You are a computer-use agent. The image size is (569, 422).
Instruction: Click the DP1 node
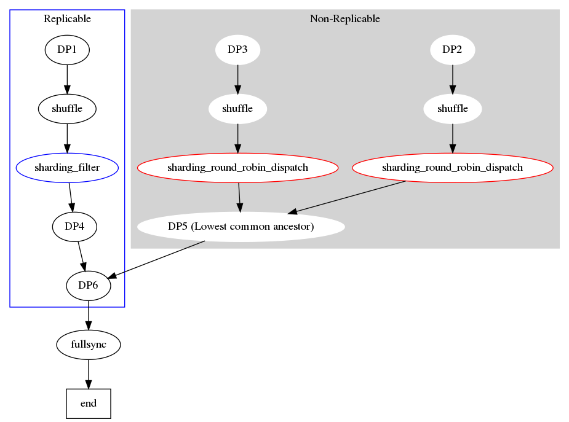click(x=67, y=50)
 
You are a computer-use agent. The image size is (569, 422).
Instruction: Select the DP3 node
click(x=237, y=50)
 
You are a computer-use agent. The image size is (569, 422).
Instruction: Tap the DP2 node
click(x=453, y=50)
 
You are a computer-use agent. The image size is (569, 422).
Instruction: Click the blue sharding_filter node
click(x=67, y=168)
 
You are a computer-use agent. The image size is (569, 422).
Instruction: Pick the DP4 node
click(x=74, y=227)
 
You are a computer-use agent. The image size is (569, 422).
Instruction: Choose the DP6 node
click(x=89, y=286)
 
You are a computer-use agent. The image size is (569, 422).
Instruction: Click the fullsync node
click(x=89, y=345)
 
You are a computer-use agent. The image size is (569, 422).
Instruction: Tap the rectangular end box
click(x=89, y=404)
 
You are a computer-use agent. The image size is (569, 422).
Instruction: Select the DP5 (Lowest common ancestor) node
click(x=241, y=227)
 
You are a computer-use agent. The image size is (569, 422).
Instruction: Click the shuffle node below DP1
click(x=67, y=109)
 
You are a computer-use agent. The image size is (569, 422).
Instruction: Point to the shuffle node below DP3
click(x=237, y=109)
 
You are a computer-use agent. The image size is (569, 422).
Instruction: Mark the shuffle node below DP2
click(x=453, y=109)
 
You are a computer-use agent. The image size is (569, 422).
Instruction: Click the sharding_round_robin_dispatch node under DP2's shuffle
click(x=453, y=168)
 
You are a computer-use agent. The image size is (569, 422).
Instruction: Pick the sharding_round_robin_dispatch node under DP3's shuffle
click(x=237, y=168)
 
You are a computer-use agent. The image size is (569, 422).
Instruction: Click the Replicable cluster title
click(x=67, y=19)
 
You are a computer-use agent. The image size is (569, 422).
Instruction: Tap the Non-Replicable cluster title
click(x=344, y=19)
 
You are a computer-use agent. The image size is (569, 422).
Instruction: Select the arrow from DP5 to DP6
click(x=156, y=260)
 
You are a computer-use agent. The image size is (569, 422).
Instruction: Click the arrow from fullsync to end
click(x=89, y=374)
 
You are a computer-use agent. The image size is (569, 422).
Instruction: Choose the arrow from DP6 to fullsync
click(x=89, y=315)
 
